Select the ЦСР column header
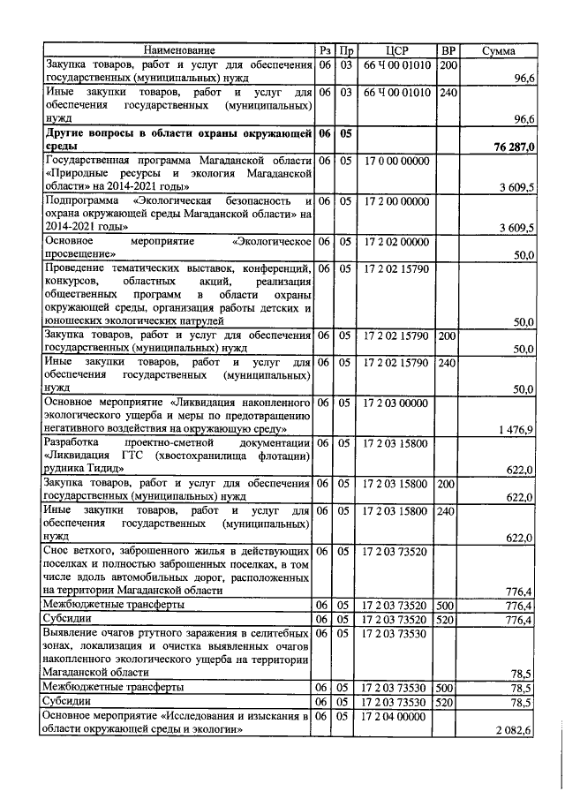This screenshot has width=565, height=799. (395, 50)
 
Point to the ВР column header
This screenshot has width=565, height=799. (448, 50)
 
